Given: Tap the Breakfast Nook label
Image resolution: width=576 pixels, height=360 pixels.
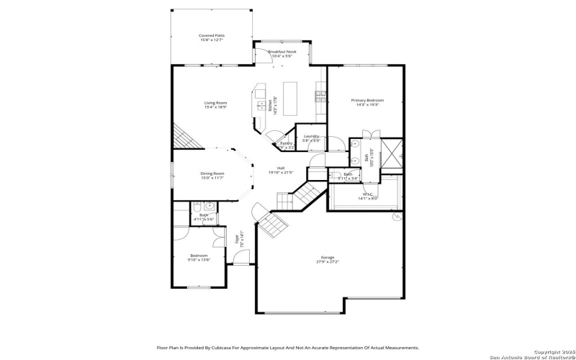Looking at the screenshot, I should point(282,52).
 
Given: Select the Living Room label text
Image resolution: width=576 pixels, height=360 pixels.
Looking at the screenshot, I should point(215,103).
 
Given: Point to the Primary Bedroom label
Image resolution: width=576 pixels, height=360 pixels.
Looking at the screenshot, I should point(367,100).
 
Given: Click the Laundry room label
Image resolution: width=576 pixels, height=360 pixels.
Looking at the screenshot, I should point(311,136).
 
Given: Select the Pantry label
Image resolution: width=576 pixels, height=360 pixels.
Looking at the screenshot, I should point(286,143).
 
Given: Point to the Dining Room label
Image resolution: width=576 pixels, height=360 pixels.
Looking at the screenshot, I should point(212,173).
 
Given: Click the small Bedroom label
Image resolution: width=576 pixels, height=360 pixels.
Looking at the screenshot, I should point(199,255).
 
